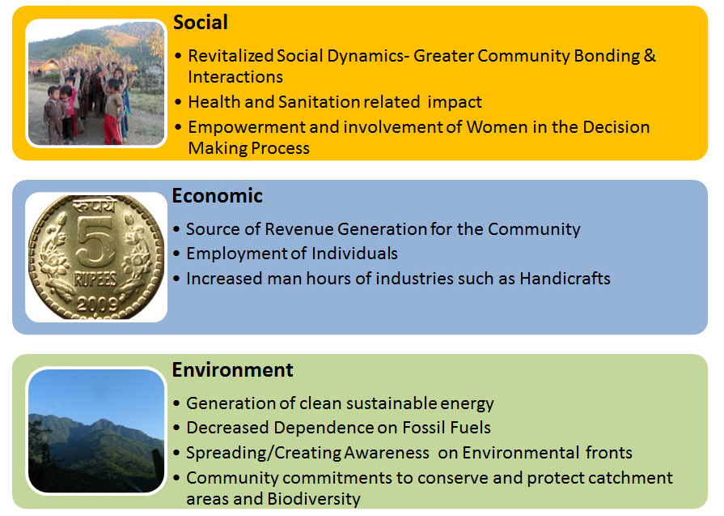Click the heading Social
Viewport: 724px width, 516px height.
coord(201,22)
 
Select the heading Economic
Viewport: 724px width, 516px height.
coord(217,196)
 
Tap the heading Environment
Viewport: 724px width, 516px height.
coord(232,370)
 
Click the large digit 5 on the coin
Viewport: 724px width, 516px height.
coord(95,241)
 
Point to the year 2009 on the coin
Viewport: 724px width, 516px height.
coord(97,304)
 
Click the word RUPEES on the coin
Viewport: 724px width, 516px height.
coord(95,279)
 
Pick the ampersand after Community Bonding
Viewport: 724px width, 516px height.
coord(650,55)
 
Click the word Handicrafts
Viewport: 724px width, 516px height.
coord(565,279)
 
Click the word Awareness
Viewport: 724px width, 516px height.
coord(387,453)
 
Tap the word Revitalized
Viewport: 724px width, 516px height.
coord(231,55)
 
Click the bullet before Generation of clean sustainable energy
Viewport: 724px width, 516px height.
coord(176,403)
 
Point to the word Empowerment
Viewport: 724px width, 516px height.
coord(246,127)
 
